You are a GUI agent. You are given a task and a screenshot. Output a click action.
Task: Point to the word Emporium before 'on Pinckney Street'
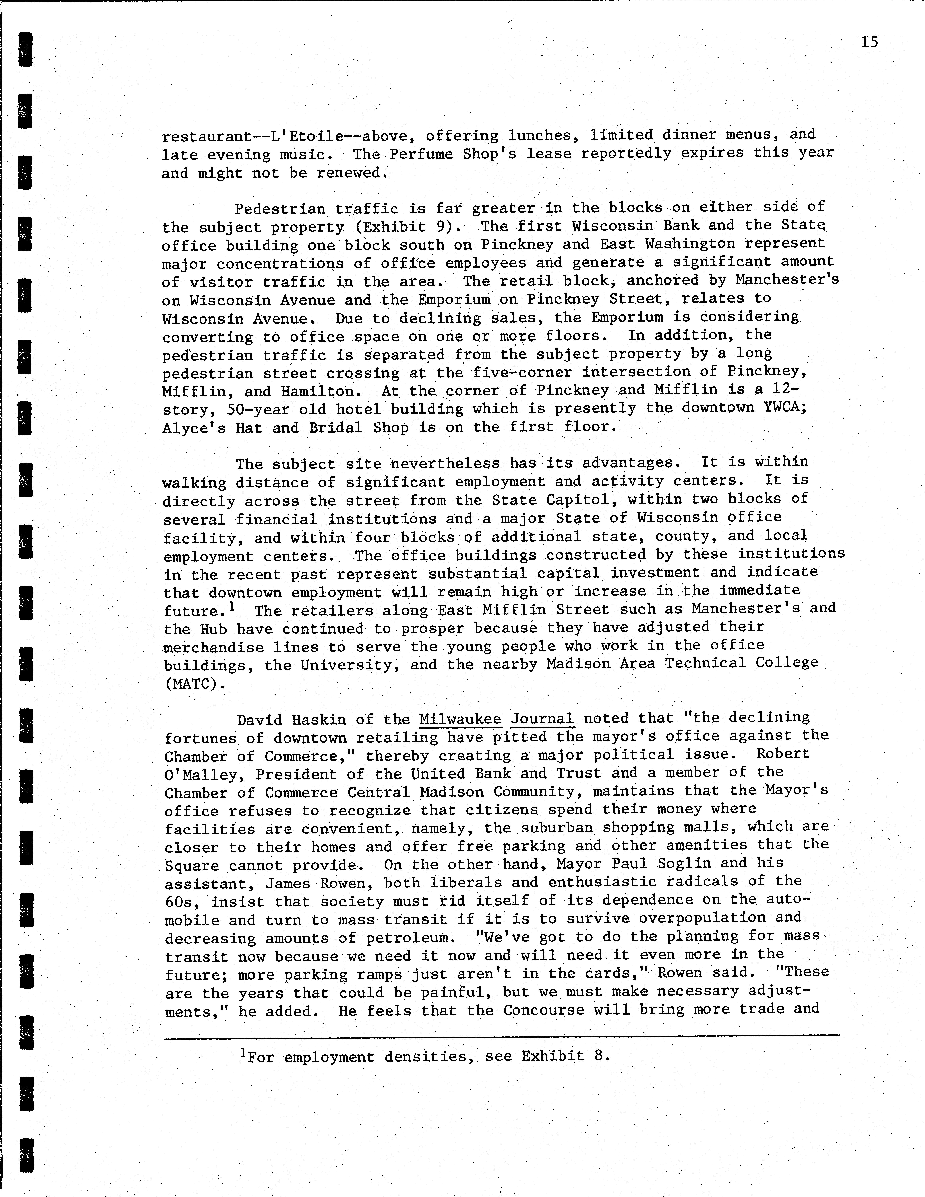(454, 300)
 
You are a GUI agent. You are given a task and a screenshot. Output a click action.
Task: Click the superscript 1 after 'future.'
(233, 606)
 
